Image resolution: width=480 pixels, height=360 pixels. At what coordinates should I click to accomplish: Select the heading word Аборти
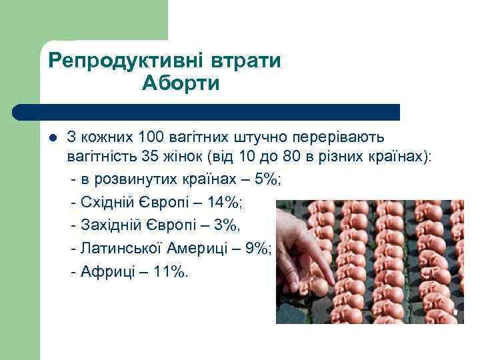pos(181,85)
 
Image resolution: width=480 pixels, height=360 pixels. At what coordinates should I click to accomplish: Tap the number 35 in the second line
pos(150,157)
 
